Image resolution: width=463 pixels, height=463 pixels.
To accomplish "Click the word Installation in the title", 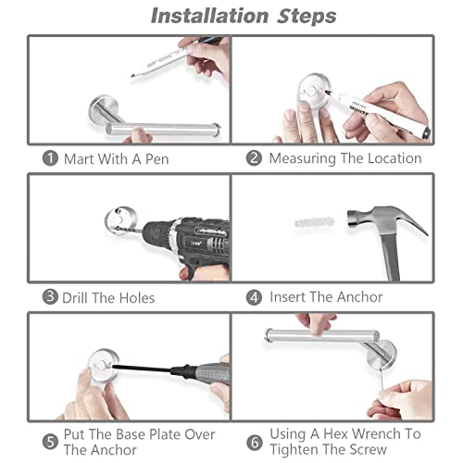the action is point(209,16).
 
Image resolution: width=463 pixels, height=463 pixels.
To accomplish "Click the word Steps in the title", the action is point(307,16).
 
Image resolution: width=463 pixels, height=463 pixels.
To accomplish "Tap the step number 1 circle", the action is point(50,158).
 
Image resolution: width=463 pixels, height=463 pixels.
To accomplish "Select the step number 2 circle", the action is point(254,158).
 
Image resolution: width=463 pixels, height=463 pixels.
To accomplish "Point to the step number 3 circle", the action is point(50,296).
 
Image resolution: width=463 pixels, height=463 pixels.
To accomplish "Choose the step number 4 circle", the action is point(254,297).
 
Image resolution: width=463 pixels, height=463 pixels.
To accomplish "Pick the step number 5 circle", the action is point(50,442).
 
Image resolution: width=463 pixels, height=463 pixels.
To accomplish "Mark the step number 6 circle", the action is point(255,443).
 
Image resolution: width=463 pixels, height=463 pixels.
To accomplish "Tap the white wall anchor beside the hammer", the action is point(314,222).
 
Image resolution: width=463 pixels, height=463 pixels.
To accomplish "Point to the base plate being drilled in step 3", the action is point(120,220).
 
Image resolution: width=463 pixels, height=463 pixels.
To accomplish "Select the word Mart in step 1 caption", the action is point(80,159).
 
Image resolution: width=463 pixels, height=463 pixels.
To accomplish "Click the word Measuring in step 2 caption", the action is point(303,159).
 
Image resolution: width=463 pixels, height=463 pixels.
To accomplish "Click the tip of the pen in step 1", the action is point(131,76).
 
